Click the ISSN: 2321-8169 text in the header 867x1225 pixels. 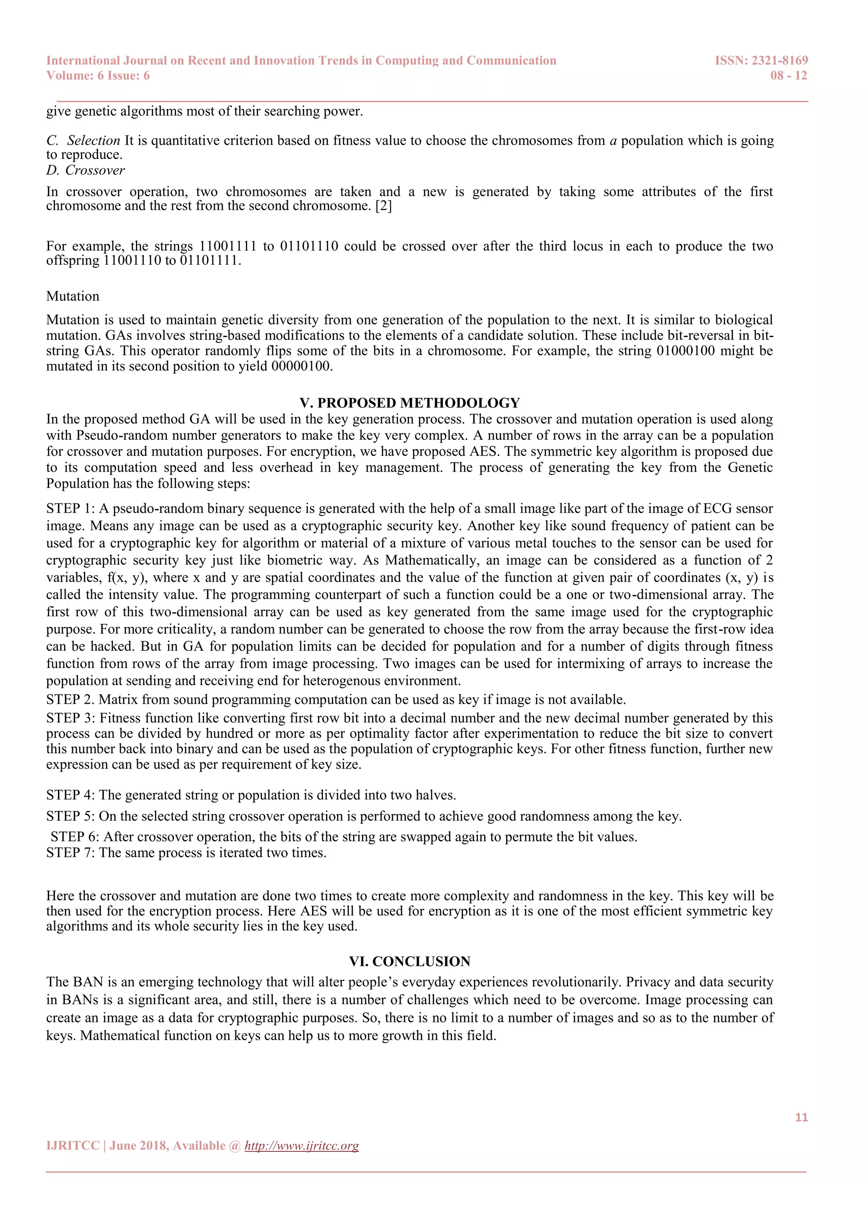[761, 61]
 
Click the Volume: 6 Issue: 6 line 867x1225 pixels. [98, 76]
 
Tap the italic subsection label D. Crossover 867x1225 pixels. [86, 170]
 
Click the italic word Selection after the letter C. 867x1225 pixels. [94, 140]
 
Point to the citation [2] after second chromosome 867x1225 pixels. [383, 206]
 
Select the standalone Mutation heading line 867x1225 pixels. [73, 296]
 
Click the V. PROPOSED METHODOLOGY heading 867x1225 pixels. [409, 403]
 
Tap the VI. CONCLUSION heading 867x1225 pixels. [409, 961]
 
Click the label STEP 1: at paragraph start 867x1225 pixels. [70, 508]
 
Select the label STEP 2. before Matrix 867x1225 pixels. [70, 700]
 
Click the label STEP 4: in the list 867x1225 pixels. [70, 795]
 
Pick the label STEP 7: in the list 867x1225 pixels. [70, 853]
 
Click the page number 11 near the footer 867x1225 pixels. [801, 1117]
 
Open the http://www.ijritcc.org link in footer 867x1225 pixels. [302, 1146]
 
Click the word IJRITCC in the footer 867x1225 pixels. [73, 1146]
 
